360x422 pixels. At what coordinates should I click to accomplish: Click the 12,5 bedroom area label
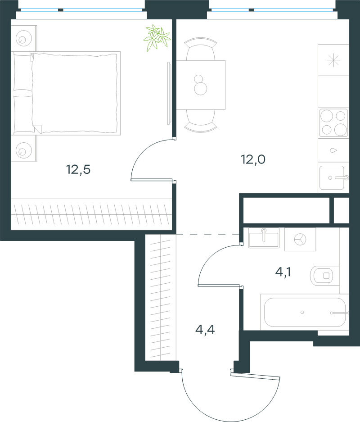coord(78,169)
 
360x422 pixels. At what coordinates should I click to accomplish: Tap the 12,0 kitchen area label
coord(253,159)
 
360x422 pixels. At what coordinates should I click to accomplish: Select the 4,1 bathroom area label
coord(283,272)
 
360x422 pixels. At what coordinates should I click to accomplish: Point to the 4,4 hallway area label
coord(205,329)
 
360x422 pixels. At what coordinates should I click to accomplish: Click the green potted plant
coord(157,38)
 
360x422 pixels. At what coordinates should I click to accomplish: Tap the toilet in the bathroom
coord(324,276)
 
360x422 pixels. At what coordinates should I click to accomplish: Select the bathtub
coord(305,312)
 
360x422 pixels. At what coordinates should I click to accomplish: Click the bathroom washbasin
coord(264,238)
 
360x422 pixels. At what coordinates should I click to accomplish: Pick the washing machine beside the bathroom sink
coord(300,239)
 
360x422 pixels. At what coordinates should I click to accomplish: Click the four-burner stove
coord(333,123)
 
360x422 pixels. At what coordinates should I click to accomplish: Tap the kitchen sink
coord(333,177)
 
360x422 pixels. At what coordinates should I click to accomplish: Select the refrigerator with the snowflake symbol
coord(333,60)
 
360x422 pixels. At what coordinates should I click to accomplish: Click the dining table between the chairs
coord(201,85)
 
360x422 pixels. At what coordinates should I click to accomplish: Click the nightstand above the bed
coord(24,38)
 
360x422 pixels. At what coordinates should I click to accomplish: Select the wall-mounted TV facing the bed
coord(169,93)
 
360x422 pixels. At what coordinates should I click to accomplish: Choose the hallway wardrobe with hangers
coord(161,297)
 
